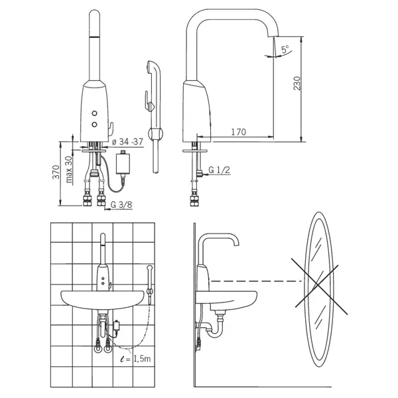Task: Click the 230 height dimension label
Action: click(297, 83)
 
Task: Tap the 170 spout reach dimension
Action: click(238, 132)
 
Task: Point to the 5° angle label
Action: click(285, 49)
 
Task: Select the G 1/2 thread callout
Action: click(220, 170)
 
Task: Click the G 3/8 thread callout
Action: click(121, 204)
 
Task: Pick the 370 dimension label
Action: click(56, 172)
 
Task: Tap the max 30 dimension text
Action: click(68, 169)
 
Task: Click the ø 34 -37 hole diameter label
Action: click(127, 142)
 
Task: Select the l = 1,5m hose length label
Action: click(136, 358)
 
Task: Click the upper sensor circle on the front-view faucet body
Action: click(95, 113)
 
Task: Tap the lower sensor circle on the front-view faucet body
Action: click(95, 125)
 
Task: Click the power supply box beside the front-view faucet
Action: click(123, 163)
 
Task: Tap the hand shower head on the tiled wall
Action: click(149, 267)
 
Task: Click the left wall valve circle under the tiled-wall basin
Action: click(98, 350)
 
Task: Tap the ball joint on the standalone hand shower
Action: click(155, 133)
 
